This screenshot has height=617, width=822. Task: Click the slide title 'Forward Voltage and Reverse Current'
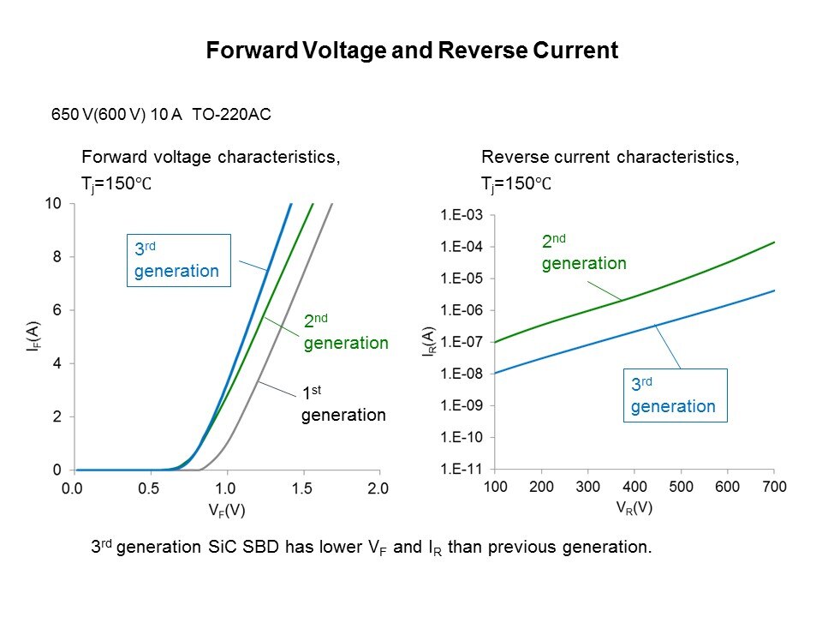tap(412, 51)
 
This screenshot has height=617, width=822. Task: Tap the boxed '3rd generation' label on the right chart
tap(673, 395)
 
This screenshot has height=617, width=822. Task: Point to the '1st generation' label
tap(343, 404)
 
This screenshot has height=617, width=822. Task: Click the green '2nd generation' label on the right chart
tap(583, 253)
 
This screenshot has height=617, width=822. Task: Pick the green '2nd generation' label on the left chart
tap(346, 332)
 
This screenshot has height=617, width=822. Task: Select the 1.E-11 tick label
tap(462, 469)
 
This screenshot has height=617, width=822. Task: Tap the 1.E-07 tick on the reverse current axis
tap(462, 343)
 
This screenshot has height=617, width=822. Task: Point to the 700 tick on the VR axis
tap(773, 487)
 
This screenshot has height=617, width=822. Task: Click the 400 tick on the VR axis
tap(634, 487)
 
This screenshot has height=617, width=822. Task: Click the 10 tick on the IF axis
tap(53, 204)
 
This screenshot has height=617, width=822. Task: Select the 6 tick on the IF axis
tap(57, 310)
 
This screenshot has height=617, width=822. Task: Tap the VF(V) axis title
tap(225, 511)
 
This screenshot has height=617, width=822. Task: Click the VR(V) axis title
tap(634, 507)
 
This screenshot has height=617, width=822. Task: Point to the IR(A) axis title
tap(430, 342)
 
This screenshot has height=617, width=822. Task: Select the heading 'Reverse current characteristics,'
tap(610, 158)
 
